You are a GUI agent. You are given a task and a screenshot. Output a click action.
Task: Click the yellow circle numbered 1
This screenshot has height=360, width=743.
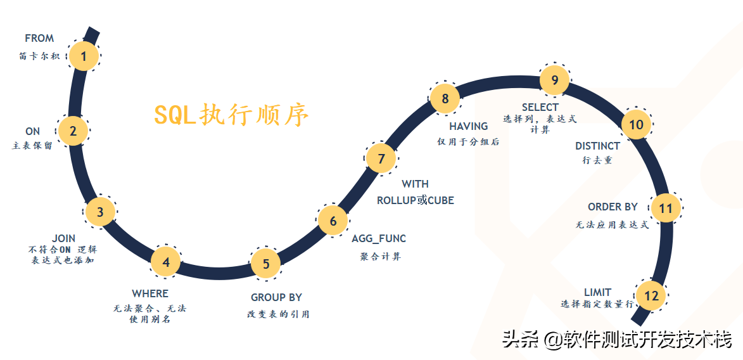pyautogui.click(x=83, y=56)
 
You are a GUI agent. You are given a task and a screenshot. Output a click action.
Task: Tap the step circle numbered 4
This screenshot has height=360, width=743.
pyautogui.click(x=166, y=262)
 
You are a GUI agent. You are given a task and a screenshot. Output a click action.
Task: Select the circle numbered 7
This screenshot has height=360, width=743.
pyautogui.click(x=381, y=158)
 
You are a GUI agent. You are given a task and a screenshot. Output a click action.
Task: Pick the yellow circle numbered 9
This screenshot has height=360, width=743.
pyautogui.click(x=555, y=80)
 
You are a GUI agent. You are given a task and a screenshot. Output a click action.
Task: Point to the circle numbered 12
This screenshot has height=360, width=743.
pyautogui.click(x=651, y=295)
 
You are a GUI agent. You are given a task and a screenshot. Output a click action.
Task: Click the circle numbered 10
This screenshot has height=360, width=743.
pyautogui.click(x=636, y=124)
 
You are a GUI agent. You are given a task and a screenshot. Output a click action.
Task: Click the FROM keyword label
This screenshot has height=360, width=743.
pyautogui.click(x=39, y=39)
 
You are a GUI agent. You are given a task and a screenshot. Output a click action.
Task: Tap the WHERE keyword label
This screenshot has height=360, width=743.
pyautogui.click(x=150, y=293)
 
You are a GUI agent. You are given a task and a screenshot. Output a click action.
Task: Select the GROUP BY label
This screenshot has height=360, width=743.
pyautogui.click(x=276, y=297)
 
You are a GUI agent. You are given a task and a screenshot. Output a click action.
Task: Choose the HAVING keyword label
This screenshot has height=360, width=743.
pyautogui.click(x=469, y=127)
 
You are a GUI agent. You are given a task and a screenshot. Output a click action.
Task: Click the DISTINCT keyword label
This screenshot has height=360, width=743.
pyautogui.click(x=597, y=146)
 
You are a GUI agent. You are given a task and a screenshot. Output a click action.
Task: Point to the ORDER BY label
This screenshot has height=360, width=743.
pyautogui.click(x=613, y=207)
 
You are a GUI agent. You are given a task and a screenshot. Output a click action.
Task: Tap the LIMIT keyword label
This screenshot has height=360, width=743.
pyautogui.click(x=597, y=292)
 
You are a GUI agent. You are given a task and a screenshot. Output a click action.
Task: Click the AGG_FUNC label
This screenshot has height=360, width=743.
pyautogui.click(x=379, y=239)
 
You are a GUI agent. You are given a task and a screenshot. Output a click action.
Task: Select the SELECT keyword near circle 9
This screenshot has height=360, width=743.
pyautogui.click(x=540, y=107)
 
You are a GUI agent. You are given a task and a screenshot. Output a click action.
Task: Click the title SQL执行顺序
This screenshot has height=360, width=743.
pyautogui.click(x=232, y=115)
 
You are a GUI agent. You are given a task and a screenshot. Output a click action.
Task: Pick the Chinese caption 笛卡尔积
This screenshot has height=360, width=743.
pyautogui.click(x=39, y=56)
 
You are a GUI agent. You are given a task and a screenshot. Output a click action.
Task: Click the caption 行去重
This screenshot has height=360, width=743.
pyautogui.click(x=597, y=161)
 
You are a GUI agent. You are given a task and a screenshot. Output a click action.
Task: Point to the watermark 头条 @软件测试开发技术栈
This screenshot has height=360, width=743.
pyautogui.click(x=617, y=339)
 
